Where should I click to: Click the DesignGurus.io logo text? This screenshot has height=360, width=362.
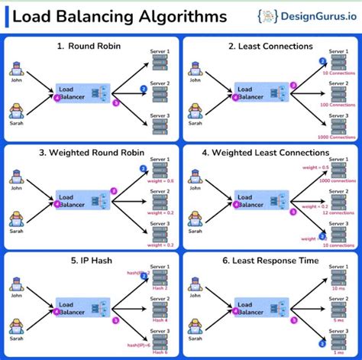pos(309,16)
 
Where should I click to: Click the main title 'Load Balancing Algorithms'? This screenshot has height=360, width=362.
pos(118,16)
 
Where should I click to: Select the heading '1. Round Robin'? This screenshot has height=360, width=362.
pos(91,47)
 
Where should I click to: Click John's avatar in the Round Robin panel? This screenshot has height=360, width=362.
pos(16,69)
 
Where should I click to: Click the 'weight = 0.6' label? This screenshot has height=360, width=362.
pos(159,180)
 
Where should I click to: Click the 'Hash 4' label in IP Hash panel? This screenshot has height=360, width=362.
pos(159,318)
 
